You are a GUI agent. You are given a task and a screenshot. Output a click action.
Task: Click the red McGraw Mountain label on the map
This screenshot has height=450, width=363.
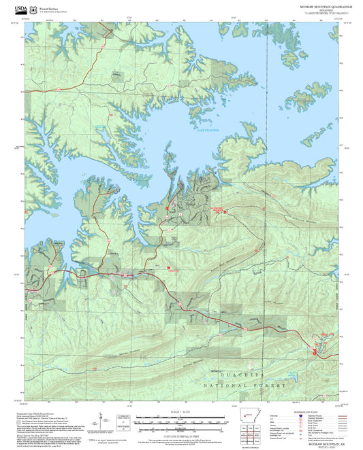point(178,211)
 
